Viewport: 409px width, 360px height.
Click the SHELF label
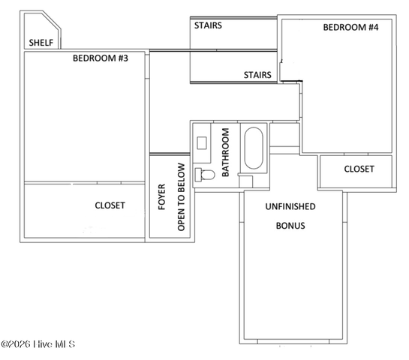(41, 43)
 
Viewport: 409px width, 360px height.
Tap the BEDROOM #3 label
(101, 58)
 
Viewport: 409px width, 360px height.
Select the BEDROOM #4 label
(350, 27)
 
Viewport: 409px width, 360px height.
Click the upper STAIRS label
(208, 25)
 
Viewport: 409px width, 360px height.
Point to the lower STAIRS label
(257, 75)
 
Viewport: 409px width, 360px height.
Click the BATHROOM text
(225, 152)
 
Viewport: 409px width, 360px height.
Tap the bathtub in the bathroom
(254, 148)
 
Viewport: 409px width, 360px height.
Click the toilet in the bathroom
(205, 175)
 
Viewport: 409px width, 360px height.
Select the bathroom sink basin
(202, 143)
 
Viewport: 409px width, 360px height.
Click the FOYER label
(161, 197)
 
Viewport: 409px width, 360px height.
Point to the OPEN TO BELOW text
(181, 197)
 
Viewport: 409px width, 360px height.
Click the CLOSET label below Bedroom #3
(110, 205)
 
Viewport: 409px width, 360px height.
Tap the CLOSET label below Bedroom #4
(359, 169)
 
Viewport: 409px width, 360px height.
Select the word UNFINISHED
(290, 206)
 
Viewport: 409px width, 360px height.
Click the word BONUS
(290, 226)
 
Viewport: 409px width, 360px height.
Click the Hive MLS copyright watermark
(38, 344)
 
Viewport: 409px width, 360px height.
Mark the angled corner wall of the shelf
(51, 19)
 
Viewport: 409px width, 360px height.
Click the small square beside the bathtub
(246, 181)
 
